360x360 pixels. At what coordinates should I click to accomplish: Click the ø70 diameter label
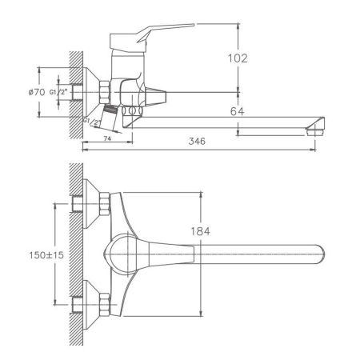coord(36,94)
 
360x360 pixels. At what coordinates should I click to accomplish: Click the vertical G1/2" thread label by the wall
coord(53,93)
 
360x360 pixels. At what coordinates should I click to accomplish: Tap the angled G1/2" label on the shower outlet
coord(93,121)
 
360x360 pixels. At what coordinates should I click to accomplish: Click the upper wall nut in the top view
coord(105,205)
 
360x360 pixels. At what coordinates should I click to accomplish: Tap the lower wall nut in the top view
coord(105,305)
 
